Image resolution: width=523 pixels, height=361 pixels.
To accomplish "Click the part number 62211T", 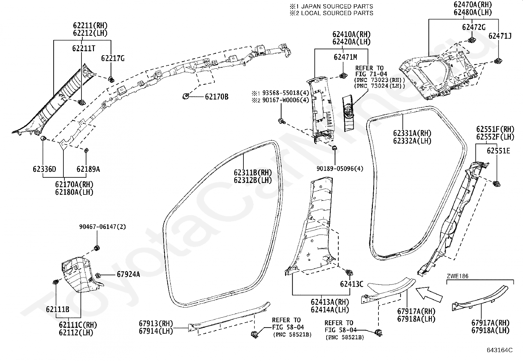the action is click(83, 48).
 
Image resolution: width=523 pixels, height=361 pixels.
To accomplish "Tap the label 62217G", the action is click(113, 58).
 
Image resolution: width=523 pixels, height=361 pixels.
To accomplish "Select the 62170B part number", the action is click(217, 97).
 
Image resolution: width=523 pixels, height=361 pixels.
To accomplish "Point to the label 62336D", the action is click(44, 169).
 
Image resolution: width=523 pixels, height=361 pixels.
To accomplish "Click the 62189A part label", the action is click(88, 169).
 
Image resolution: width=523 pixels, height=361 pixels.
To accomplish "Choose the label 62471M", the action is click(345, 57).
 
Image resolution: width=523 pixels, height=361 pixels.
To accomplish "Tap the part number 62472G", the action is click(474, 27).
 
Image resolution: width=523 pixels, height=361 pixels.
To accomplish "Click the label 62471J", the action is click(500, 36).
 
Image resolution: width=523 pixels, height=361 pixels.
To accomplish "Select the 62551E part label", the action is click(498, 151).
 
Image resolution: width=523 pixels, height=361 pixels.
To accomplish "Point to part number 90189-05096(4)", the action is click(340, 169).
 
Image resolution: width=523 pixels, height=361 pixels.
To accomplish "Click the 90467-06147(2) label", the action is click(102, 227).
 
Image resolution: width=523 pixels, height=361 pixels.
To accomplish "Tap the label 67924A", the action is click(128, 274).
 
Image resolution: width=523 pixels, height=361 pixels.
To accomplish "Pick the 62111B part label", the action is click(58, 309).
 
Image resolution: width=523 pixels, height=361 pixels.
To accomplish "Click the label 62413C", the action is click(352, 284).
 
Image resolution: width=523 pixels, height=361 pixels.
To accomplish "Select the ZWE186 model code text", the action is click(458, 276).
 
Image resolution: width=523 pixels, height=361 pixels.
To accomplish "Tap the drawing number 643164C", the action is click(500, 350).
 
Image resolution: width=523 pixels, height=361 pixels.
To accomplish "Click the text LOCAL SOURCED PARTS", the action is click(337, 13).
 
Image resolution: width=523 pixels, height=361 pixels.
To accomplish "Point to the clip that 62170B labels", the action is click(186, 96).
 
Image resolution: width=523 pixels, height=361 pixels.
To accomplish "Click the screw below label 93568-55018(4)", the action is click(282, 121).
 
